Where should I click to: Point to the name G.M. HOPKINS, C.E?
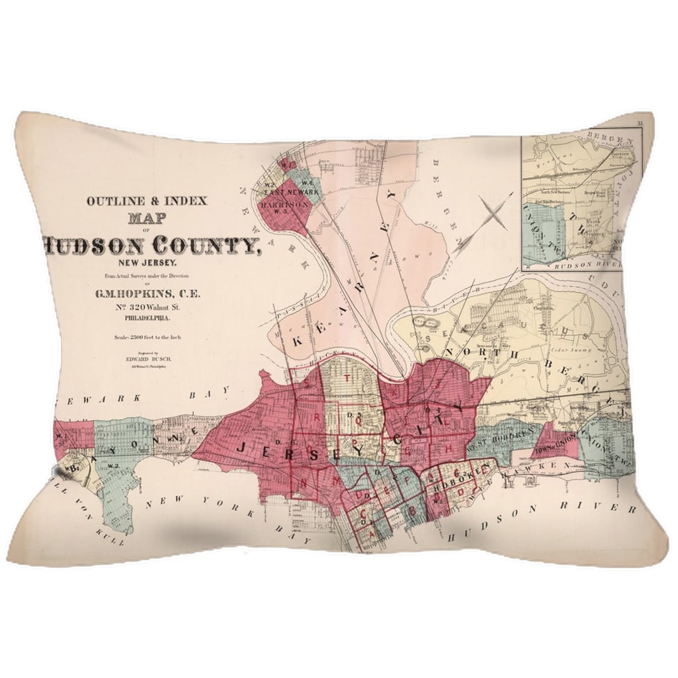[148, 293]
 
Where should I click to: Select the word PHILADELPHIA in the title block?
[148, 319]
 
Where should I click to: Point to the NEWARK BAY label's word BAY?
[203, 397]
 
